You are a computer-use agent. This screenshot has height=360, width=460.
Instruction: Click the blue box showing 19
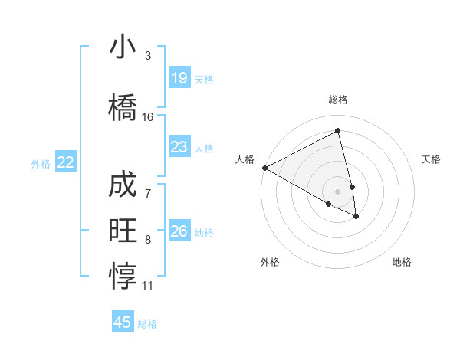(x=179, y=78)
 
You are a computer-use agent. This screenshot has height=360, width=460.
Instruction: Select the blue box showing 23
(x=179, y=147)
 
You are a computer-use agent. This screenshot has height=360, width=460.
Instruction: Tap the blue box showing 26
(x=179, y=231)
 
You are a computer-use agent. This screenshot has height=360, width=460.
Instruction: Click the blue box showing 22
(x=66, y=162)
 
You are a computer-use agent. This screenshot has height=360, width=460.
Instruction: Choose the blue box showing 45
(x=123, y=322)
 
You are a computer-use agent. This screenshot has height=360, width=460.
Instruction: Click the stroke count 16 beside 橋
(x=148, y=117)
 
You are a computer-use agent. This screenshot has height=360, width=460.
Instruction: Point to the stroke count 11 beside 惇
(x=148, y=286)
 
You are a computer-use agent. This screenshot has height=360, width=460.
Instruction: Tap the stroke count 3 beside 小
(x=148, y=56)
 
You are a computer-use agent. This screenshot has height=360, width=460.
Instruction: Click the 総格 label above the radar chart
(x=338, y=100)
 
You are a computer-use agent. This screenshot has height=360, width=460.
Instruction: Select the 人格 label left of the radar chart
(x=245, y=159)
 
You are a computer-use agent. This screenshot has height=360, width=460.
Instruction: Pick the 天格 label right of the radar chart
(x=432, y=159)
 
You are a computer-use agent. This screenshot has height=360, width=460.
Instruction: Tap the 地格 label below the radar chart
(x=402, y=262)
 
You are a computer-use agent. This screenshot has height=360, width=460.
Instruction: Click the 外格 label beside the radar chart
(x=271, y=262)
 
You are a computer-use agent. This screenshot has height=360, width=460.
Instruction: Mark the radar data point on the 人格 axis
(x=264, y=167)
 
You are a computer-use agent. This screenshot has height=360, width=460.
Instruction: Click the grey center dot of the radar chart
(x=338, y=191)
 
